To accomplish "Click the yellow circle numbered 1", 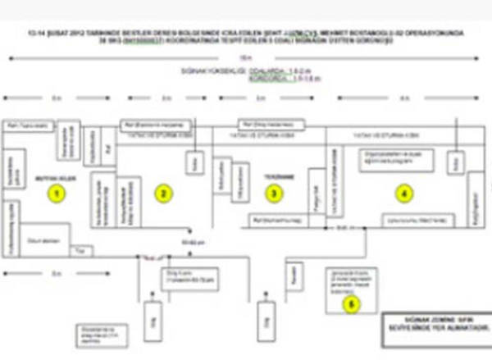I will click(57, 194).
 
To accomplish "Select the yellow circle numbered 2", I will click(164, 194).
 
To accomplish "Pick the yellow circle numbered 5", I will click(352, 303).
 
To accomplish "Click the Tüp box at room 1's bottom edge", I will click(80, 251).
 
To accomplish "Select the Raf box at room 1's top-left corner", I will click(31, 125).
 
